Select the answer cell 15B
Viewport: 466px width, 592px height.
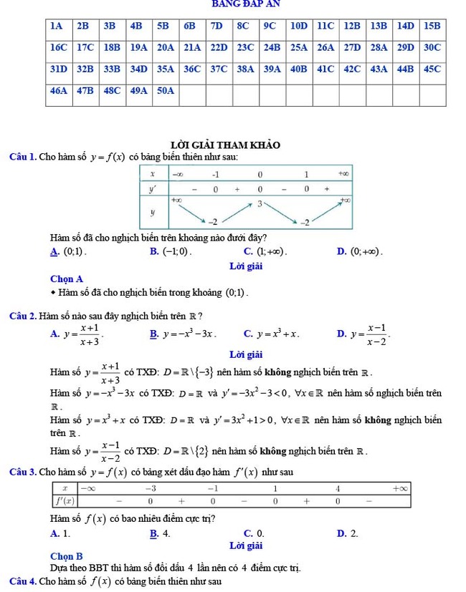(432, 26)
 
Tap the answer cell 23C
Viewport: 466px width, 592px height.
(244, 47)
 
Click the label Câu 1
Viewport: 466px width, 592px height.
(22, 157)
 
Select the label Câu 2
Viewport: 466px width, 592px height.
(22, 316)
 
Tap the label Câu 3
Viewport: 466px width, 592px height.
(22, 472)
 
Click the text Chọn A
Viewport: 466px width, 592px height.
(67, 278)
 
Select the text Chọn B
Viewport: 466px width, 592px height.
(67, 555)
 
